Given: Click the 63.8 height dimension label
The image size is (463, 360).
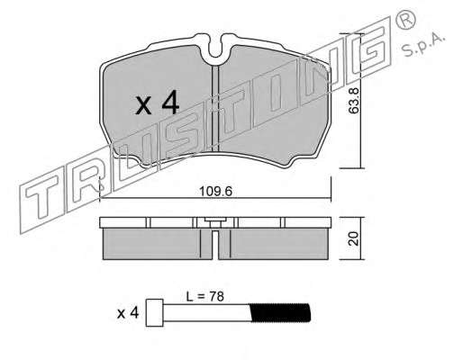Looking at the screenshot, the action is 353,100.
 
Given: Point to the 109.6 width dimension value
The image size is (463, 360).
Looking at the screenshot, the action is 216,191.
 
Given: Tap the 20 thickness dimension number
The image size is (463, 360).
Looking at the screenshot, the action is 354,238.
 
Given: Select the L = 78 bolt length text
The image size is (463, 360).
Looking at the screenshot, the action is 205,296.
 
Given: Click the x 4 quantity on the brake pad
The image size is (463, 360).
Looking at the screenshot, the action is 157,103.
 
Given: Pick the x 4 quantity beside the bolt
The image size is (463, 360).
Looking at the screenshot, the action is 128,313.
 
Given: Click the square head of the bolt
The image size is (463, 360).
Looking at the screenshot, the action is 154,312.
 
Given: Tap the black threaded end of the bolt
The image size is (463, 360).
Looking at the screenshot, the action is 279,312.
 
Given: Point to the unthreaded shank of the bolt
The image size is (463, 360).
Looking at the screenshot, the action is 206,312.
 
